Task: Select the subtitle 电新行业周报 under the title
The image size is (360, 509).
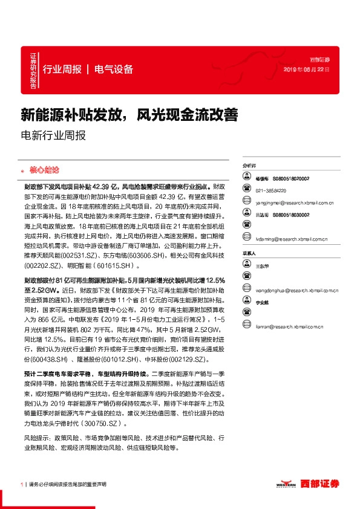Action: [53, 135]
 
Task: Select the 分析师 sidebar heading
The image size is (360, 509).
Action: [249, 165]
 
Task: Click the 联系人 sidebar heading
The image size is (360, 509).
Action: [249, 254]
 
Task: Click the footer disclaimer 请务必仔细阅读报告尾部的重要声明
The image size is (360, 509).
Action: [67, 484]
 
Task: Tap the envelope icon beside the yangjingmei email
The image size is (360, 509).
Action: [246, 203]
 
